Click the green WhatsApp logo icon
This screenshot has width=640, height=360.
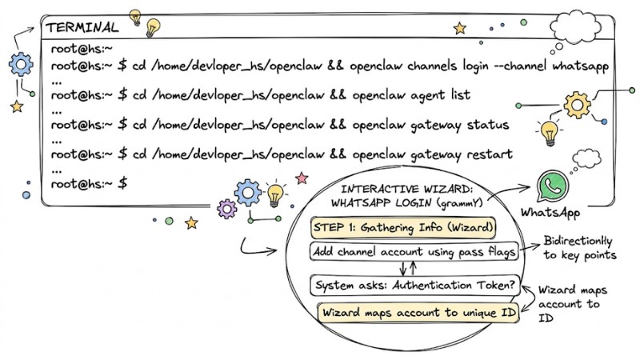click(x=551, y=187)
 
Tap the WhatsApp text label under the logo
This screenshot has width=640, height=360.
click(x=550, y=214)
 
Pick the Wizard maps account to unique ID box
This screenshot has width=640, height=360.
click(x=418, y=311)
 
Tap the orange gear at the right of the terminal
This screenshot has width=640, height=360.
click(x=576, y=105)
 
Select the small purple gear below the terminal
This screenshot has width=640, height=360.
click(x=228, y=210)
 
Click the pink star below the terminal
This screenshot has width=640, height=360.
click(x=302, y=177)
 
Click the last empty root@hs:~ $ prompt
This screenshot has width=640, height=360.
click(x=88, y=183)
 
